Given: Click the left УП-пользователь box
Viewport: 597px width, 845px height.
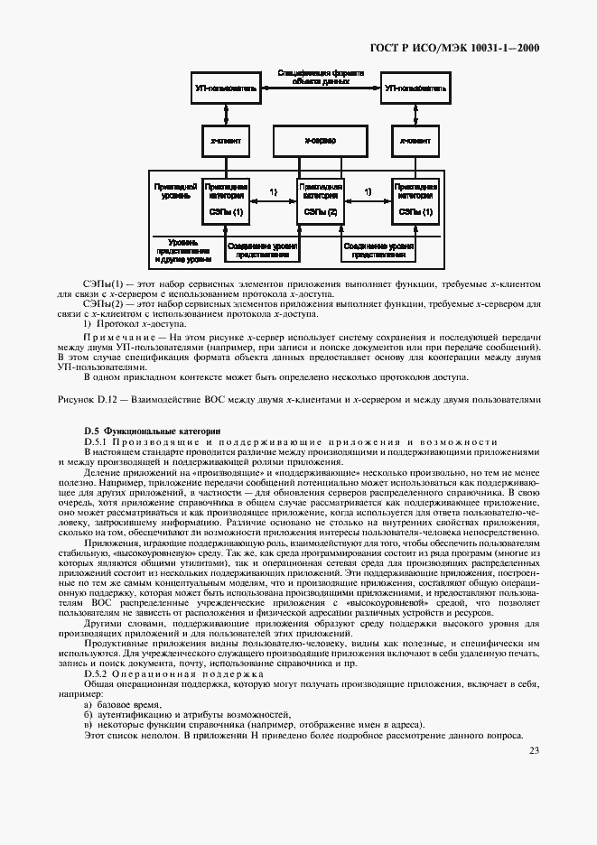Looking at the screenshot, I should [226, 89].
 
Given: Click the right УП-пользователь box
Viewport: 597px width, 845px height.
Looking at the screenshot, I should [415, 89].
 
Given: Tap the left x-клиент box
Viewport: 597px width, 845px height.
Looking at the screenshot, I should [226, 142].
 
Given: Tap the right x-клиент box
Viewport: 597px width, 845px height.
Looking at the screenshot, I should [415, 142].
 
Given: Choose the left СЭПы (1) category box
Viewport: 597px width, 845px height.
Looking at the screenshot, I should [226, 200].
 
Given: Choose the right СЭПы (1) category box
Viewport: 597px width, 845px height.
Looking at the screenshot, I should [415, 200].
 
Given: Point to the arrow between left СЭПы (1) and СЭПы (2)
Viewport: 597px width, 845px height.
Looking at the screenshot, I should [273, 200].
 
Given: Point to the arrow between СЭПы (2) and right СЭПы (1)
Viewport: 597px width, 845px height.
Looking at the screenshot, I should [368, 200].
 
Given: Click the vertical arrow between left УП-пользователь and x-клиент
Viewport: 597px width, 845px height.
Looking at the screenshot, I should [226, 114].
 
